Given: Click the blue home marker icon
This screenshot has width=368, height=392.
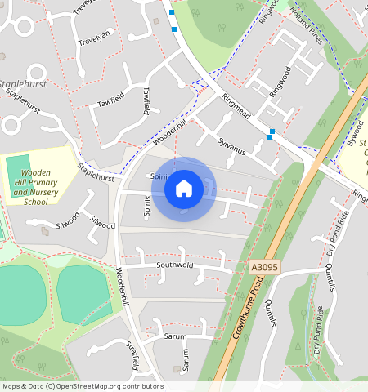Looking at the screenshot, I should coord(184,189).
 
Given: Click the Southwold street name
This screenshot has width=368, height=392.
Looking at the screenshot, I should coord(174,265).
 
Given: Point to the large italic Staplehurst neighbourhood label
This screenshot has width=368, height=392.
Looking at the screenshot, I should coord(23,84).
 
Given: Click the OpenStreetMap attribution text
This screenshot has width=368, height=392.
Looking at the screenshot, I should coord(83,386).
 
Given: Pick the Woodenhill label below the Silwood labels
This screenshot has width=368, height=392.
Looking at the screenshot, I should coord(123,286).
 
